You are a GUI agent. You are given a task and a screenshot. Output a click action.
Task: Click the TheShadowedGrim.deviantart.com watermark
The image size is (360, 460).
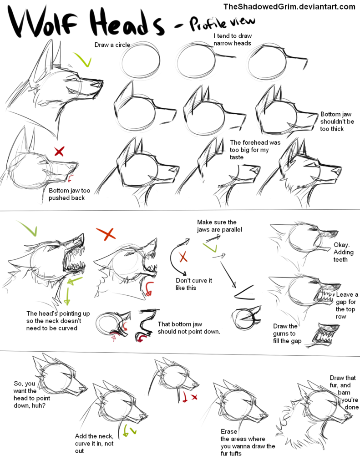coord(289,6)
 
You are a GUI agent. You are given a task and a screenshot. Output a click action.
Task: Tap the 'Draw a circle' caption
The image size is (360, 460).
coord(112,45)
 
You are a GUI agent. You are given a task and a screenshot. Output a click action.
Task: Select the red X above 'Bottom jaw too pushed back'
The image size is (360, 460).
coord(59,151)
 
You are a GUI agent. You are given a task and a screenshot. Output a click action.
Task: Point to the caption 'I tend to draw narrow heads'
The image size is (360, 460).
coord(233,40)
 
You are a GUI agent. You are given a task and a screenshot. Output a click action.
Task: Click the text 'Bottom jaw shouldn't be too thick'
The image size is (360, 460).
coord(337,121)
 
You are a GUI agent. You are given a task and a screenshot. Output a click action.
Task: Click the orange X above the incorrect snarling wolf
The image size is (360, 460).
coord(106,234)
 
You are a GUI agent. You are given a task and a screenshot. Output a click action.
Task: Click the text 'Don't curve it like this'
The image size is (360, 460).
coord(194,284)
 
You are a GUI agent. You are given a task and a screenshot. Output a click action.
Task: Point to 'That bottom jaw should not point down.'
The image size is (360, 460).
coord(189,328)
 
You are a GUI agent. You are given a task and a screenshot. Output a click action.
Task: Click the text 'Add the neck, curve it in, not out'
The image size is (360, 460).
coord(93,443)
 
